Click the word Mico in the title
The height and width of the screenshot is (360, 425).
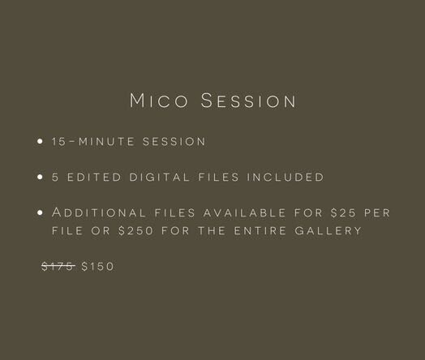pyautogui.click(x=159, y=101)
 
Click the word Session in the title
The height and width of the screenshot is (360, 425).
pyautogui.click(x=248, y=101)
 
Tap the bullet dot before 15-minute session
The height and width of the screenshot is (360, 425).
pyautogui.click(x=40, y=141)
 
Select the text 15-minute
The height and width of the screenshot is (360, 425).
pyautogui.click(x=93, y=141)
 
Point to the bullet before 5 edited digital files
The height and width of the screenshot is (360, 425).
pyautogui.click(x=40, y=177)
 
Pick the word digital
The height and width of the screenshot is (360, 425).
pyautogui.click(x=159, y=177)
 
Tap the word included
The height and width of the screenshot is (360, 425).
pyautogui.click(x=285, y=177)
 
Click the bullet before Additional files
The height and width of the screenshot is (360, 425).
pyautogui.click(x=40, y=212)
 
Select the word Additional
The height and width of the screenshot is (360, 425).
pyautogui.click(x=99, y=212)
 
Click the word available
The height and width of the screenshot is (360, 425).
pyautogui.click(x=245, y=212)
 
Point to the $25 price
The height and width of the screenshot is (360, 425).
pyautogui.click(x=343, y=212)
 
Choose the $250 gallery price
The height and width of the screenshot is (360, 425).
pyautogui.click(x=135, y=231)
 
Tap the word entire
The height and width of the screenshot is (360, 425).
pyautogui.click(x=260, y=231)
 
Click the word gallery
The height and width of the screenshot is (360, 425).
pyautogui.click(x=328, y=231)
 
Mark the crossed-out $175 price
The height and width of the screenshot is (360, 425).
pyautogui.click(x=58, y=266)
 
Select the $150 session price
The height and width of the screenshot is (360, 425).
pyautogui.click(x=97, y=266)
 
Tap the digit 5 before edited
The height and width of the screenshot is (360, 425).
pyautogui.click(x=55, y=177)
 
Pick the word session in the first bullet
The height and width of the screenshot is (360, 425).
pyautogui.click(x=174, y=141)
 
